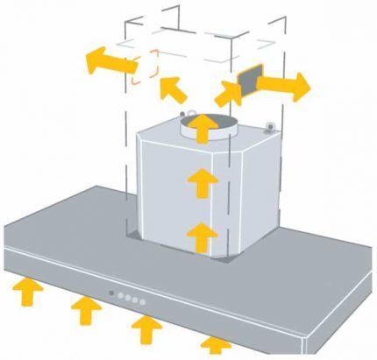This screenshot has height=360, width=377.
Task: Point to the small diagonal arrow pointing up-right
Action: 227,93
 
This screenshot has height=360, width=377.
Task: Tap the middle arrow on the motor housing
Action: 203,184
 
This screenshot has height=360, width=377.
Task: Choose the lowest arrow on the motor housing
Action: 203,235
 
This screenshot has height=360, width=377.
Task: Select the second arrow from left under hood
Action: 85,309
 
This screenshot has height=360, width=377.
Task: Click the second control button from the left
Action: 120,295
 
